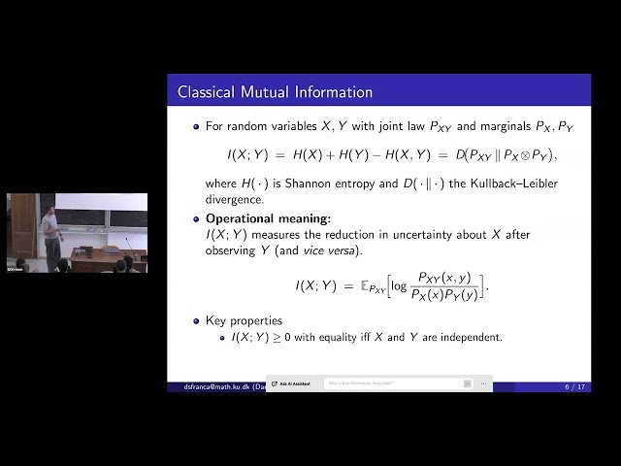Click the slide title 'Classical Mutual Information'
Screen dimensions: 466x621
pos(275,92)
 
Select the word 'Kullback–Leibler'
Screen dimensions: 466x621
pos(512,184)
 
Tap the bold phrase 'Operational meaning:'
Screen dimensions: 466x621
pos(268,218)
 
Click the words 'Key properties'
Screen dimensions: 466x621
pos(244,320)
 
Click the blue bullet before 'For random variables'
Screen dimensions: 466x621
pos(196,126)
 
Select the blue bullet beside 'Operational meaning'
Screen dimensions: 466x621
pos(196,218)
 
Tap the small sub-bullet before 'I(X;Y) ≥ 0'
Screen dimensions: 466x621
pos(224,337)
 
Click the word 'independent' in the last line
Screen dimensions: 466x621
pos(474,337)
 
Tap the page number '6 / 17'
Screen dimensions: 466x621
pos(574,386)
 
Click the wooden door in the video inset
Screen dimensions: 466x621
pos(21,225)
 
